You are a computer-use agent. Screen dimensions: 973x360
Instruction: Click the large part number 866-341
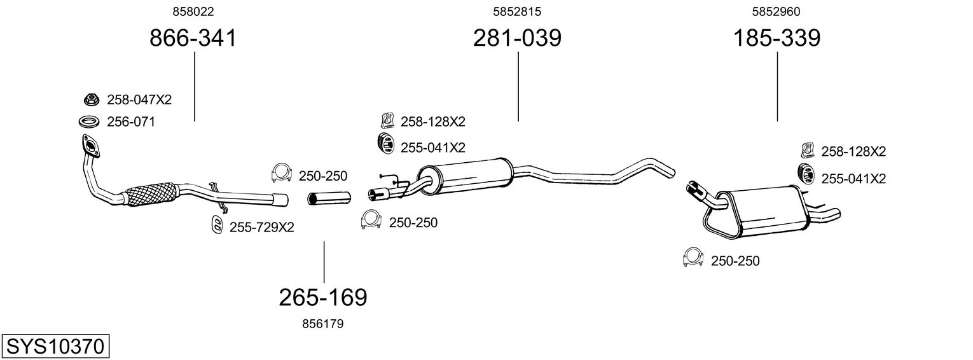tap(193, 38)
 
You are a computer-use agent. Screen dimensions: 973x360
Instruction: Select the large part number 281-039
tap(517, 38)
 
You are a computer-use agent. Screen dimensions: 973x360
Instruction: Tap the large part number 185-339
tap(777, 38)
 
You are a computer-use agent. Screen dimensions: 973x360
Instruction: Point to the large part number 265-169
tap(323, 297)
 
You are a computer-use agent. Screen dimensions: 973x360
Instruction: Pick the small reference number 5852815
tap(517, 11)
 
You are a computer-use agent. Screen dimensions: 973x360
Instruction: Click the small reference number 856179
tap(323, 324)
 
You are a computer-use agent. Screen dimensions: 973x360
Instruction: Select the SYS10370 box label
tap(55, 347)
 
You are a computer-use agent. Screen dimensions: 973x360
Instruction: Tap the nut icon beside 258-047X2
tap(91, 99)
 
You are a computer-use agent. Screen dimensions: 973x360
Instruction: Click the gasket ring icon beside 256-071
tap(89, 121)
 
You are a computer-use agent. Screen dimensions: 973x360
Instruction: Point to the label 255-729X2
tap(261, 227)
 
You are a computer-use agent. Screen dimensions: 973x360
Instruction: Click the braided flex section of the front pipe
tap(151, 193)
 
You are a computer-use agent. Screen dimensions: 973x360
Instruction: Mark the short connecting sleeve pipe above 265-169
tap(329, 199)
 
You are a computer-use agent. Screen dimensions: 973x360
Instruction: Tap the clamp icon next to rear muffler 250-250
tap(692, 256)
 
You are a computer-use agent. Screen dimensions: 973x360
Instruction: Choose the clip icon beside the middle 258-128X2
tap(386, 120)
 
